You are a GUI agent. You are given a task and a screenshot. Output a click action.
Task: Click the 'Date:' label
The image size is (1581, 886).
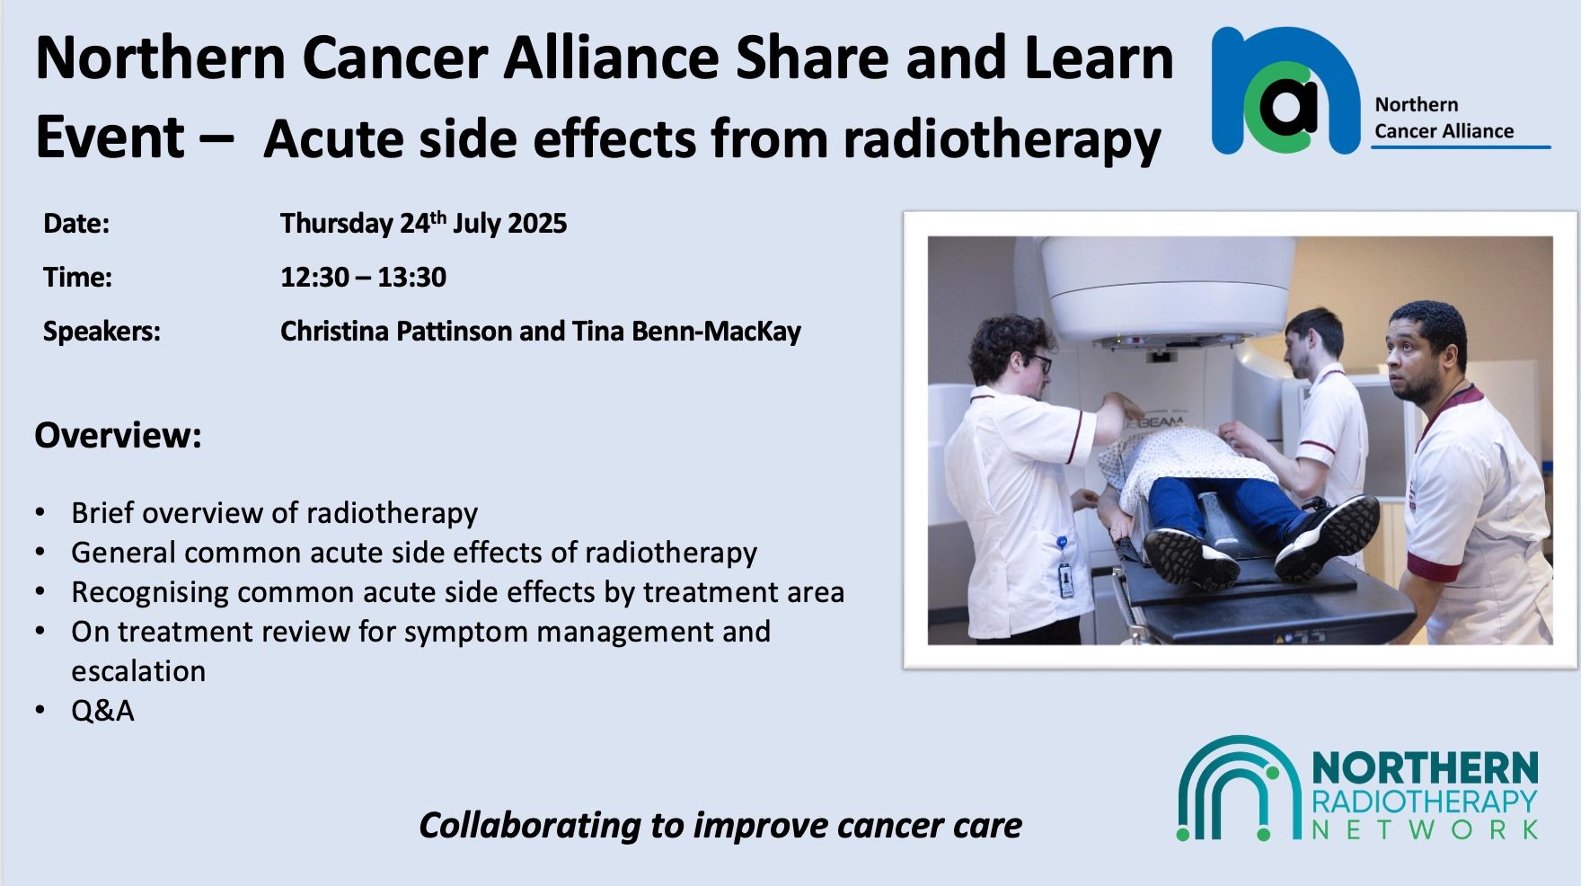click(76, 223)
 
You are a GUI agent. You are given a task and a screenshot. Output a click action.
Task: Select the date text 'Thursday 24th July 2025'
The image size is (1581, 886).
click(423, 223)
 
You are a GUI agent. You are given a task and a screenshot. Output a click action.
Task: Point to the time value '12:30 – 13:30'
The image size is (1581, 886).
click(363, 277)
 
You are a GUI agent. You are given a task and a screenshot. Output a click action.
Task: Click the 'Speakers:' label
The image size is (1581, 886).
click(102, 332)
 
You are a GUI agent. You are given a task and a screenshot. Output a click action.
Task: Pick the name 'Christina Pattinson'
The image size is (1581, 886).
click(396, 332)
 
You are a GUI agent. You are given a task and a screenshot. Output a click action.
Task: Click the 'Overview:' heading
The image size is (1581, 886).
click(118, 435)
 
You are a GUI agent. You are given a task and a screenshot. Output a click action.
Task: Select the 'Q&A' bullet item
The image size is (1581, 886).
click(102, 711)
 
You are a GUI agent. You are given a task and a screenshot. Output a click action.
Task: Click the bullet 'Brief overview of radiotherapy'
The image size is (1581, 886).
click(275, 513)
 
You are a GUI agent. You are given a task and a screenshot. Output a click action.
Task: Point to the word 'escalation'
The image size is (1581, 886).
click(138, 671)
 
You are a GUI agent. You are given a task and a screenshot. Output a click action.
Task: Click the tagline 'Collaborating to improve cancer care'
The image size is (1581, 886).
click(720, 825)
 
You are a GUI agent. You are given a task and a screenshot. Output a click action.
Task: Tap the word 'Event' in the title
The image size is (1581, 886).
click(110, 137)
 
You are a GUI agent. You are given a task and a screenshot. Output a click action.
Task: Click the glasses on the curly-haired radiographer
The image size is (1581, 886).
click(1040, 362)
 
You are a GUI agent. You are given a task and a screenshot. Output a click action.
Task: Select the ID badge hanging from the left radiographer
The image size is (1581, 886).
click(1065, 579)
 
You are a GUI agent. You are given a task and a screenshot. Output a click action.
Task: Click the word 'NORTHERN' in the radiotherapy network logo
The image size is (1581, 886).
click(1426, 770)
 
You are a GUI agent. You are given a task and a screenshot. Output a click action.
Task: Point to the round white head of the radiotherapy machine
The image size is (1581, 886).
click(1169, 288)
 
